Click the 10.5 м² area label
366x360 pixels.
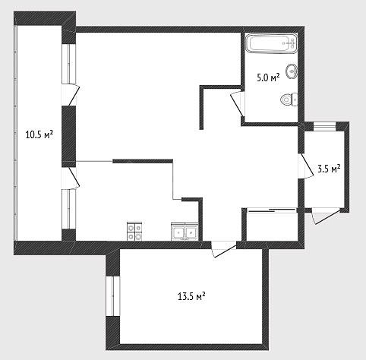point(39,134)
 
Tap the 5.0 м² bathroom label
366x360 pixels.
point(268,77)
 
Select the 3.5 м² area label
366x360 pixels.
point(329,169)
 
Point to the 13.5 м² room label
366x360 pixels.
point(191,296)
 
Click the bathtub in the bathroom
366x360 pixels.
point(271,43)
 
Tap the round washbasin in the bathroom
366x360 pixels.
point(292,71)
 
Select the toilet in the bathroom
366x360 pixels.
point(289,99)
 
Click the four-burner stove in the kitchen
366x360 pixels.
point(134,231)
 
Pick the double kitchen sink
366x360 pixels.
point(185,232)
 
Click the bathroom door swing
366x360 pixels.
point(238,104)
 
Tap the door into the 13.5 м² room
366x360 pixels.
point(224,249)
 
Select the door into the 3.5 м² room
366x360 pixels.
point(306,166)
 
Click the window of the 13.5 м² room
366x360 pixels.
point(112,295)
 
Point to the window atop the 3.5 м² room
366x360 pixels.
point(324,126)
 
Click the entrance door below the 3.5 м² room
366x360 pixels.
point(326,216)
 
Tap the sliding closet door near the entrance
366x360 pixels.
point(271,210)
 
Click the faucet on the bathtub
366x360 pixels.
point(291,43)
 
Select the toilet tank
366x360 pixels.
point(295,99)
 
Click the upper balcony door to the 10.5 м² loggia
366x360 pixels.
point(71,95)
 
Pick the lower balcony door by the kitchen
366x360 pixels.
point(71,178)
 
